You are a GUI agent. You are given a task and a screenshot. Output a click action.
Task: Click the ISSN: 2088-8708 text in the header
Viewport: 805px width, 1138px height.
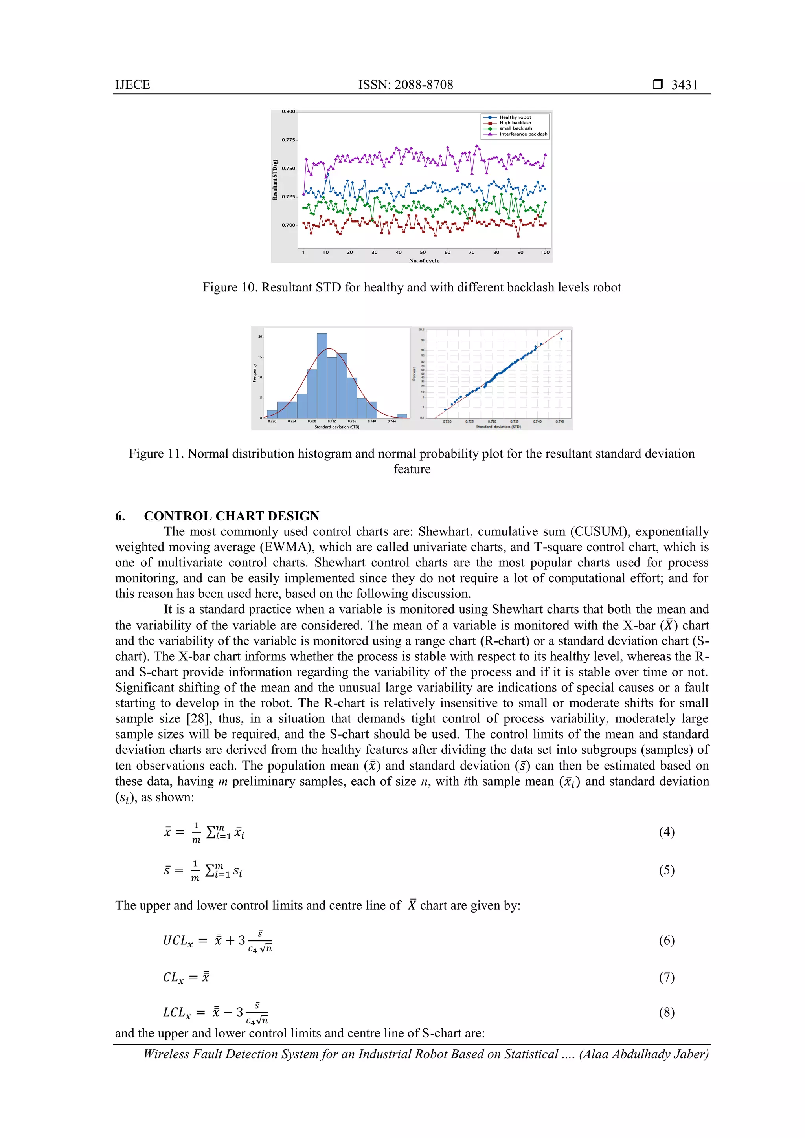tap(405, 85)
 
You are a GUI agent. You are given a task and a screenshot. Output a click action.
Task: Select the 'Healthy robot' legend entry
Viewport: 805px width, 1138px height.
tap(515, 117)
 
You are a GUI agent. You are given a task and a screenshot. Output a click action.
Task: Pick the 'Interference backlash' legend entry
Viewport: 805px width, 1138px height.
tap(523, 134)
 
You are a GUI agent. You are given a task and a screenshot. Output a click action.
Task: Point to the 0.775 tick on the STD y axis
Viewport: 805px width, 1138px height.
tap(288, 140)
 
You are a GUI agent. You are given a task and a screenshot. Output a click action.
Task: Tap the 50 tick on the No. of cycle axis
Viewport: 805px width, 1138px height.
tap(423, 252)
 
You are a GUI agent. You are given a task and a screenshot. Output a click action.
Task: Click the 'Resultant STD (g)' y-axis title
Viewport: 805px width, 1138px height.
tap(275, 180)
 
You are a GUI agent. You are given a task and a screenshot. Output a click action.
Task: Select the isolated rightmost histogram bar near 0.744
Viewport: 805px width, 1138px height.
tap(402, 416)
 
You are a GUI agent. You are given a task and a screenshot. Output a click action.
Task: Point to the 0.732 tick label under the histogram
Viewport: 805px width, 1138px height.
tap(332, 421)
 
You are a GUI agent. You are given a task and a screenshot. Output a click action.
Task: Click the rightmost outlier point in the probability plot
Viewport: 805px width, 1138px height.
tap(561, 339)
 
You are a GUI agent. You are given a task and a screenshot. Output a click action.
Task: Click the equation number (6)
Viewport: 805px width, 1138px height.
tap(666, 940)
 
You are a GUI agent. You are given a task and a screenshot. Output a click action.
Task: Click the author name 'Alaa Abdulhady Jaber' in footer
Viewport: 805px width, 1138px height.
tap(643, 1054)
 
